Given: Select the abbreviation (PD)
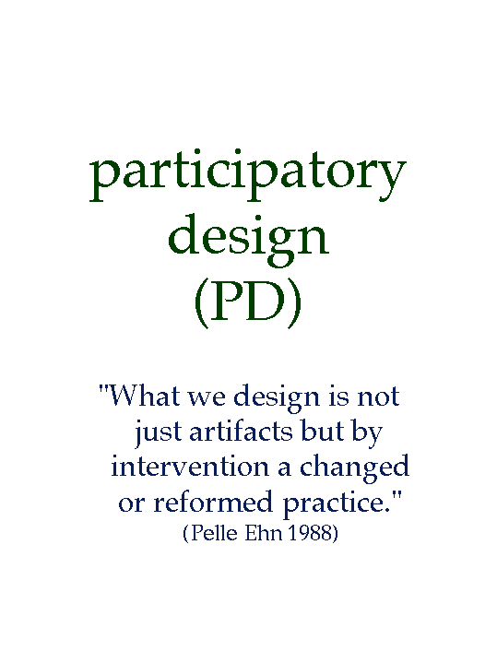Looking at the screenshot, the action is [248, 302].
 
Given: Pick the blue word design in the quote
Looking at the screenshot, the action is [277, 399].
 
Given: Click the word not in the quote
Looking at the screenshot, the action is [378, 397].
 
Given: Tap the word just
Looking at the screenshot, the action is [159, 433].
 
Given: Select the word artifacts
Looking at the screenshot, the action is [241, 432].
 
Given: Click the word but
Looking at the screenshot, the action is [322, 432].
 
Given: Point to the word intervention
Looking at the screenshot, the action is [190, 467].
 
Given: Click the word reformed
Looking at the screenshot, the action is [213, 502].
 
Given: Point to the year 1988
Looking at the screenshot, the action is [310, 533].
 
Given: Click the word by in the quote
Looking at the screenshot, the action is [367, 434].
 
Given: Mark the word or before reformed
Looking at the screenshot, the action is [132, 504].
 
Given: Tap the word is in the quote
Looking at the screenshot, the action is [338, 397].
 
